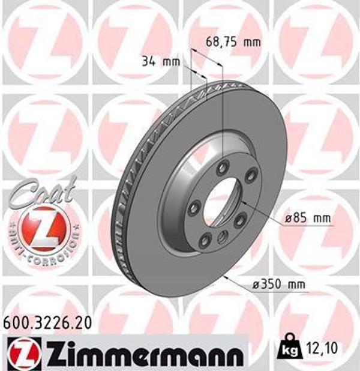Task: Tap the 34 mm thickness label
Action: tap(160, 61)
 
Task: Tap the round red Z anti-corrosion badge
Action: tap(40, 229)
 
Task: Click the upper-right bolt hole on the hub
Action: tap(252, 175)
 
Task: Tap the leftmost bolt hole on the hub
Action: tap(193, 208)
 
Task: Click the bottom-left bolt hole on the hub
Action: tap(204, 241)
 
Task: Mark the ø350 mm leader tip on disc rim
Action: tap(226, 277)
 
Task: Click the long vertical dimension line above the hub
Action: tap(223, 108)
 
